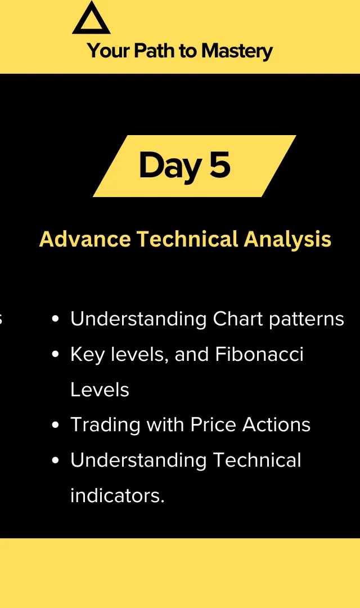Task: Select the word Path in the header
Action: [x=154, y=51]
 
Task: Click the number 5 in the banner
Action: [x=220, y=164]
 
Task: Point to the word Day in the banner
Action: [x=170, y=166]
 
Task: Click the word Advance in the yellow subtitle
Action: [x=85, y=239]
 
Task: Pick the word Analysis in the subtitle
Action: [x=287, y=240]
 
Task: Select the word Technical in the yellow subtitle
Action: [x=187, y=239]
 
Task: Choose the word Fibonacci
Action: [x=259, y=354]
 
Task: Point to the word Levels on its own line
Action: [x=100, y=390]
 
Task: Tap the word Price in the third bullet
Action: [x=214, y=424]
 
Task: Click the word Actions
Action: [x=276, y=424]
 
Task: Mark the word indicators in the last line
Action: [x=118, y=495]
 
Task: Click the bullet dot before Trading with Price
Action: [x=56, y=425]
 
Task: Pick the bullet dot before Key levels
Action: [x=56, y=355]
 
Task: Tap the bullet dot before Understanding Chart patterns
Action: [x=56, y=319]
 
